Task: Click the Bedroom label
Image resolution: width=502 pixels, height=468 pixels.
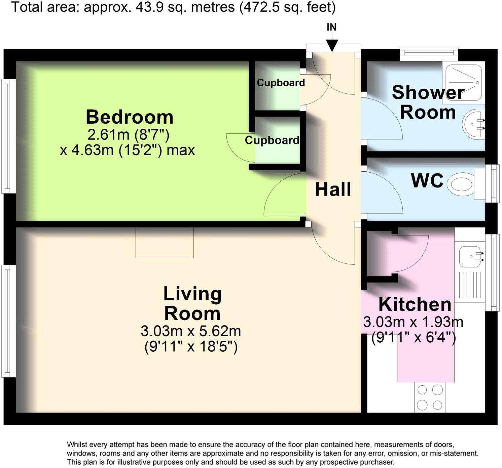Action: tap(130, 117)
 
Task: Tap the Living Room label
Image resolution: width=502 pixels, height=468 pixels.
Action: tap(192, 304)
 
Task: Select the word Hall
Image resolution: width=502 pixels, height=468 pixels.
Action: tap(333, 189)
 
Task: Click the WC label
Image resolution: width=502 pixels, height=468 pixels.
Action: tap(427, 181)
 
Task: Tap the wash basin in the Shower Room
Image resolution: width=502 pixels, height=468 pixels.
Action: tap(473, 124)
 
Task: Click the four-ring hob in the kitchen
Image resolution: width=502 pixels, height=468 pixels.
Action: tap(430, 397)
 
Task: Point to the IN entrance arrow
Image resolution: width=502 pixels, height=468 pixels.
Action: tap(332, 45)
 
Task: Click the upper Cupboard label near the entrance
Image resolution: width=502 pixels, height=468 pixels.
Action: tap(281, 83)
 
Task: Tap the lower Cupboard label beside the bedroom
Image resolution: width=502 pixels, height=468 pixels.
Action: tap(272, 140)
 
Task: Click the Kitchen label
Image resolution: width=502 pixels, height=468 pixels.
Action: tap(415, 304)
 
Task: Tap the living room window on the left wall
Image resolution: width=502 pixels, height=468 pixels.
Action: tap(9, 321)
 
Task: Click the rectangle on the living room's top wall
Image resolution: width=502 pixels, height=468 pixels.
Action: tap(165, 243)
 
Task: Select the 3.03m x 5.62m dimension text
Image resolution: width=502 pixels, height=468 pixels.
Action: tap(191, 331)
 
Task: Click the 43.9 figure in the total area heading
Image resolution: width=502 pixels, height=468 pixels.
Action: tap(147, 7)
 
